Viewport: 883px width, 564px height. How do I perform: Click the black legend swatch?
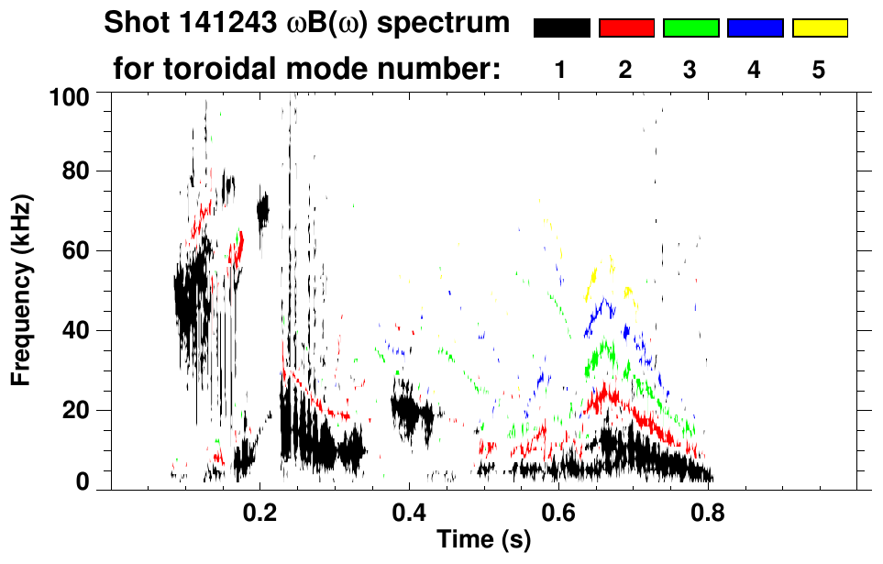click(562, 28)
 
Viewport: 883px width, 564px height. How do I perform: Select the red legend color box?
click(626, 28)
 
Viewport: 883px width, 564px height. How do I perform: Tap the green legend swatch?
click(690, 28)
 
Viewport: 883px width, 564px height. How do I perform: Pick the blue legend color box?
click(755, 28)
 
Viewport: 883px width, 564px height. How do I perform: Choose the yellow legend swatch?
click(820, 28)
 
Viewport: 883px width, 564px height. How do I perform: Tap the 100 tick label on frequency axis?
click(69, 96)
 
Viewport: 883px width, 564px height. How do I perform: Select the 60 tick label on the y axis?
click(75, 251)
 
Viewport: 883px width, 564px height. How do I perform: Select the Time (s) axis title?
click(482, 540)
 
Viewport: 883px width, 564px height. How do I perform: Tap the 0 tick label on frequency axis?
click(83, 481)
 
